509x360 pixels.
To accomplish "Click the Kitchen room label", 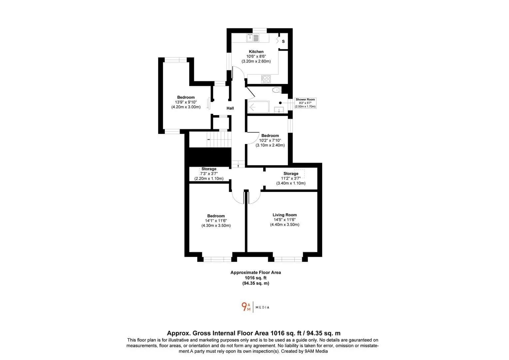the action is tap(256, 52).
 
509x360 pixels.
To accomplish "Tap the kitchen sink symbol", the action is tap(253, 38).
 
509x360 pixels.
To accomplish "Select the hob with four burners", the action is tap(266, 79).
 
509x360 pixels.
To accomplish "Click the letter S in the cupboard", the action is tap(283, 41).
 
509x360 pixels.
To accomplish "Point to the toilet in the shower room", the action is tap(276, 90).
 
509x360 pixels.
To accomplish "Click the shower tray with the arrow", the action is tap(258, 107).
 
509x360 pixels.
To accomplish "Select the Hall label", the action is tap(230, 108).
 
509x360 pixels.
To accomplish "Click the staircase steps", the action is tap(219, 139).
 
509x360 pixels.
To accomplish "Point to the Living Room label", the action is tap(284, 215).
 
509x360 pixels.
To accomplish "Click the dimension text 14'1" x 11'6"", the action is tap(216, 221).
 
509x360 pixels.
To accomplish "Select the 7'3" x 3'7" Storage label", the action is tap(209, 174).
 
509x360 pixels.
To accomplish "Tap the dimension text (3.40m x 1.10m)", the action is tap(291, 183).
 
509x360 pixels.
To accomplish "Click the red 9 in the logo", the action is tap(244, 306).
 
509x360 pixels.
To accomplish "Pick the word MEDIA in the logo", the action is tap(262, 307).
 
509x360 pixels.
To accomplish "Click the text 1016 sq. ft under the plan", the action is tap(255, 278).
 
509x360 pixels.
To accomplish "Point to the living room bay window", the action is tap(288, 259).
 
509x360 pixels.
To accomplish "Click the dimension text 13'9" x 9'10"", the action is tap(186, 102).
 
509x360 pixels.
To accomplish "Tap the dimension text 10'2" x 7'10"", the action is tap(270, 141).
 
